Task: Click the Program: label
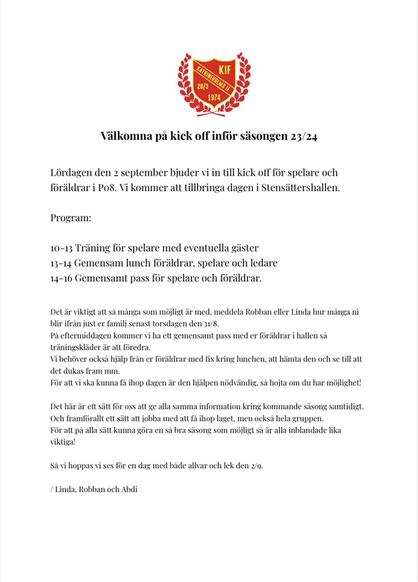click(70, 217)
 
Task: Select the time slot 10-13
click(62, 247)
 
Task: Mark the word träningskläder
click(76, 347)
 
